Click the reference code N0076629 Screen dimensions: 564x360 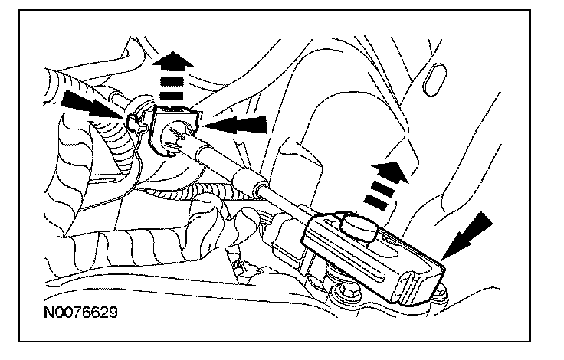tap(80, 313)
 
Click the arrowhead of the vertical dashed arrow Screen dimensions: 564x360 tap(172, 60)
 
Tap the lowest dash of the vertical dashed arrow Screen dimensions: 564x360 tap(172, 96)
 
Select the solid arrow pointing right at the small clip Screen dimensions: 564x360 tap(93, 105)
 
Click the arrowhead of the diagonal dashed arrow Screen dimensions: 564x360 tap(392, 171)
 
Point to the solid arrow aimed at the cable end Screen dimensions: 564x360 tap(467, 235)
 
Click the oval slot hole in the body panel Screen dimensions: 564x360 tap(434, 80)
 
